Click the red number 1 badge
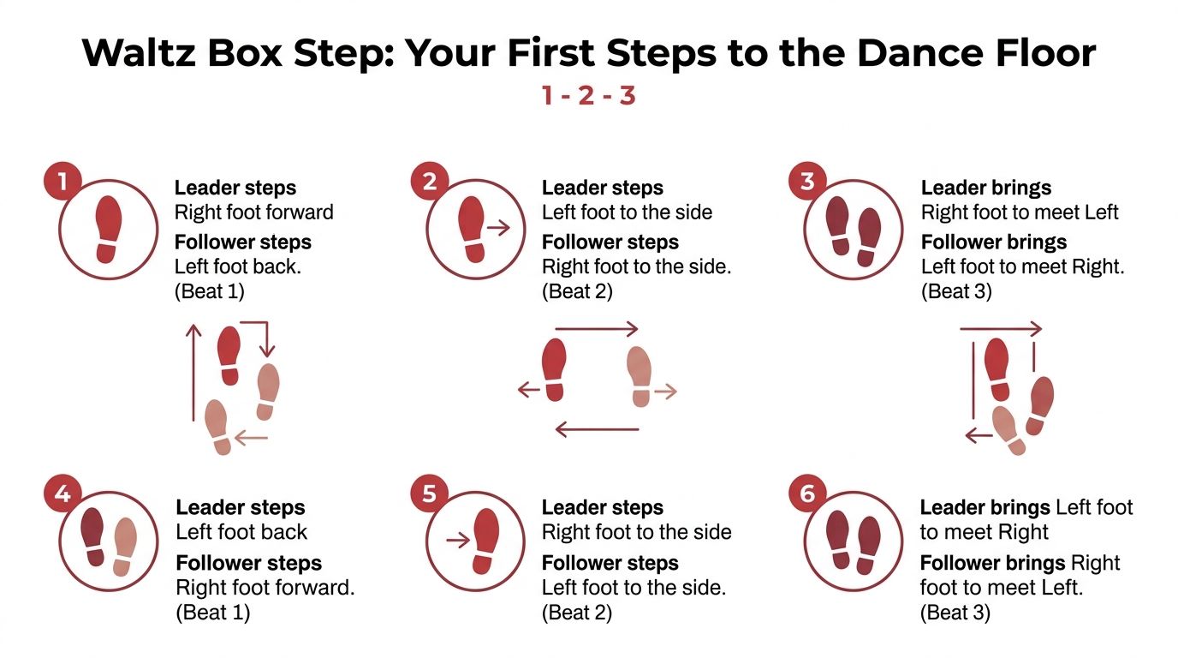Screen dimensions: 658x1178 (x=63, y=182)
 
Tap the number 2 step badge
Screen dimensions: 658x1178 (x=430, y=182)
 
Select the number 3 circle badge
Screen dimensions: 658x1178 (x=807, y=182)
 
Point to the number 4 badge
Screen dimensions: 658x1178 (x=63, y=494)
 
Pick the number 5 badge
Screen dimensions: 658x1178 (x=430, y=494)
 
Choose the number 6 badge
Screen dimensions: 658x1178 (x=807, y=494)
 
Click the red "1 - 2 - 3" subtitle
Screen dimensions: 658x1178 (x=588, y=95)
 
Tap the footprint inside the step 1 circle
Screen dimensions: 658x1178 (x=109, y=229)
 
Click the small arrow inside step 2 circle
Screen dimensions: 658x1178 (x=497, y=228)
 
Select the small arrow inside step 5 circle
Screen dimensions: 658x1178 (x=458, y=540)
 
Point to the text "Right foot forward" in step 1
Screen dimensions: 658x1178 (x=254, y=212)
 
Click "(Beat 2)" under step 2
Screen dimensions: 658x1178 (x=577, y=291)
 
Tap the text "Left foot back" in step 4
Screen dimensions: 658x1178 (x=241, y=532)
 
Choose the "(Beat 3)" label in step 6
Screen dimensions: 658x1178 (x=955, y=613)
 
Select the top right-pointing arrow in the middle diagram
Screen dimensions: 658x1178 (x=597, y=329)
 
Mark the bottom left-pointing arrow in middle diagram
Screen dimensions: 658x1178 (x=597, y=428)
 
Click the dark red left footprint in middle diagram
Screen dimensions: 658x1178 (x=555, y=369)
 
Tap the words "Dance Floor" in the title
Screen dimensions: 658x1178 (x=976, y=53)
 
